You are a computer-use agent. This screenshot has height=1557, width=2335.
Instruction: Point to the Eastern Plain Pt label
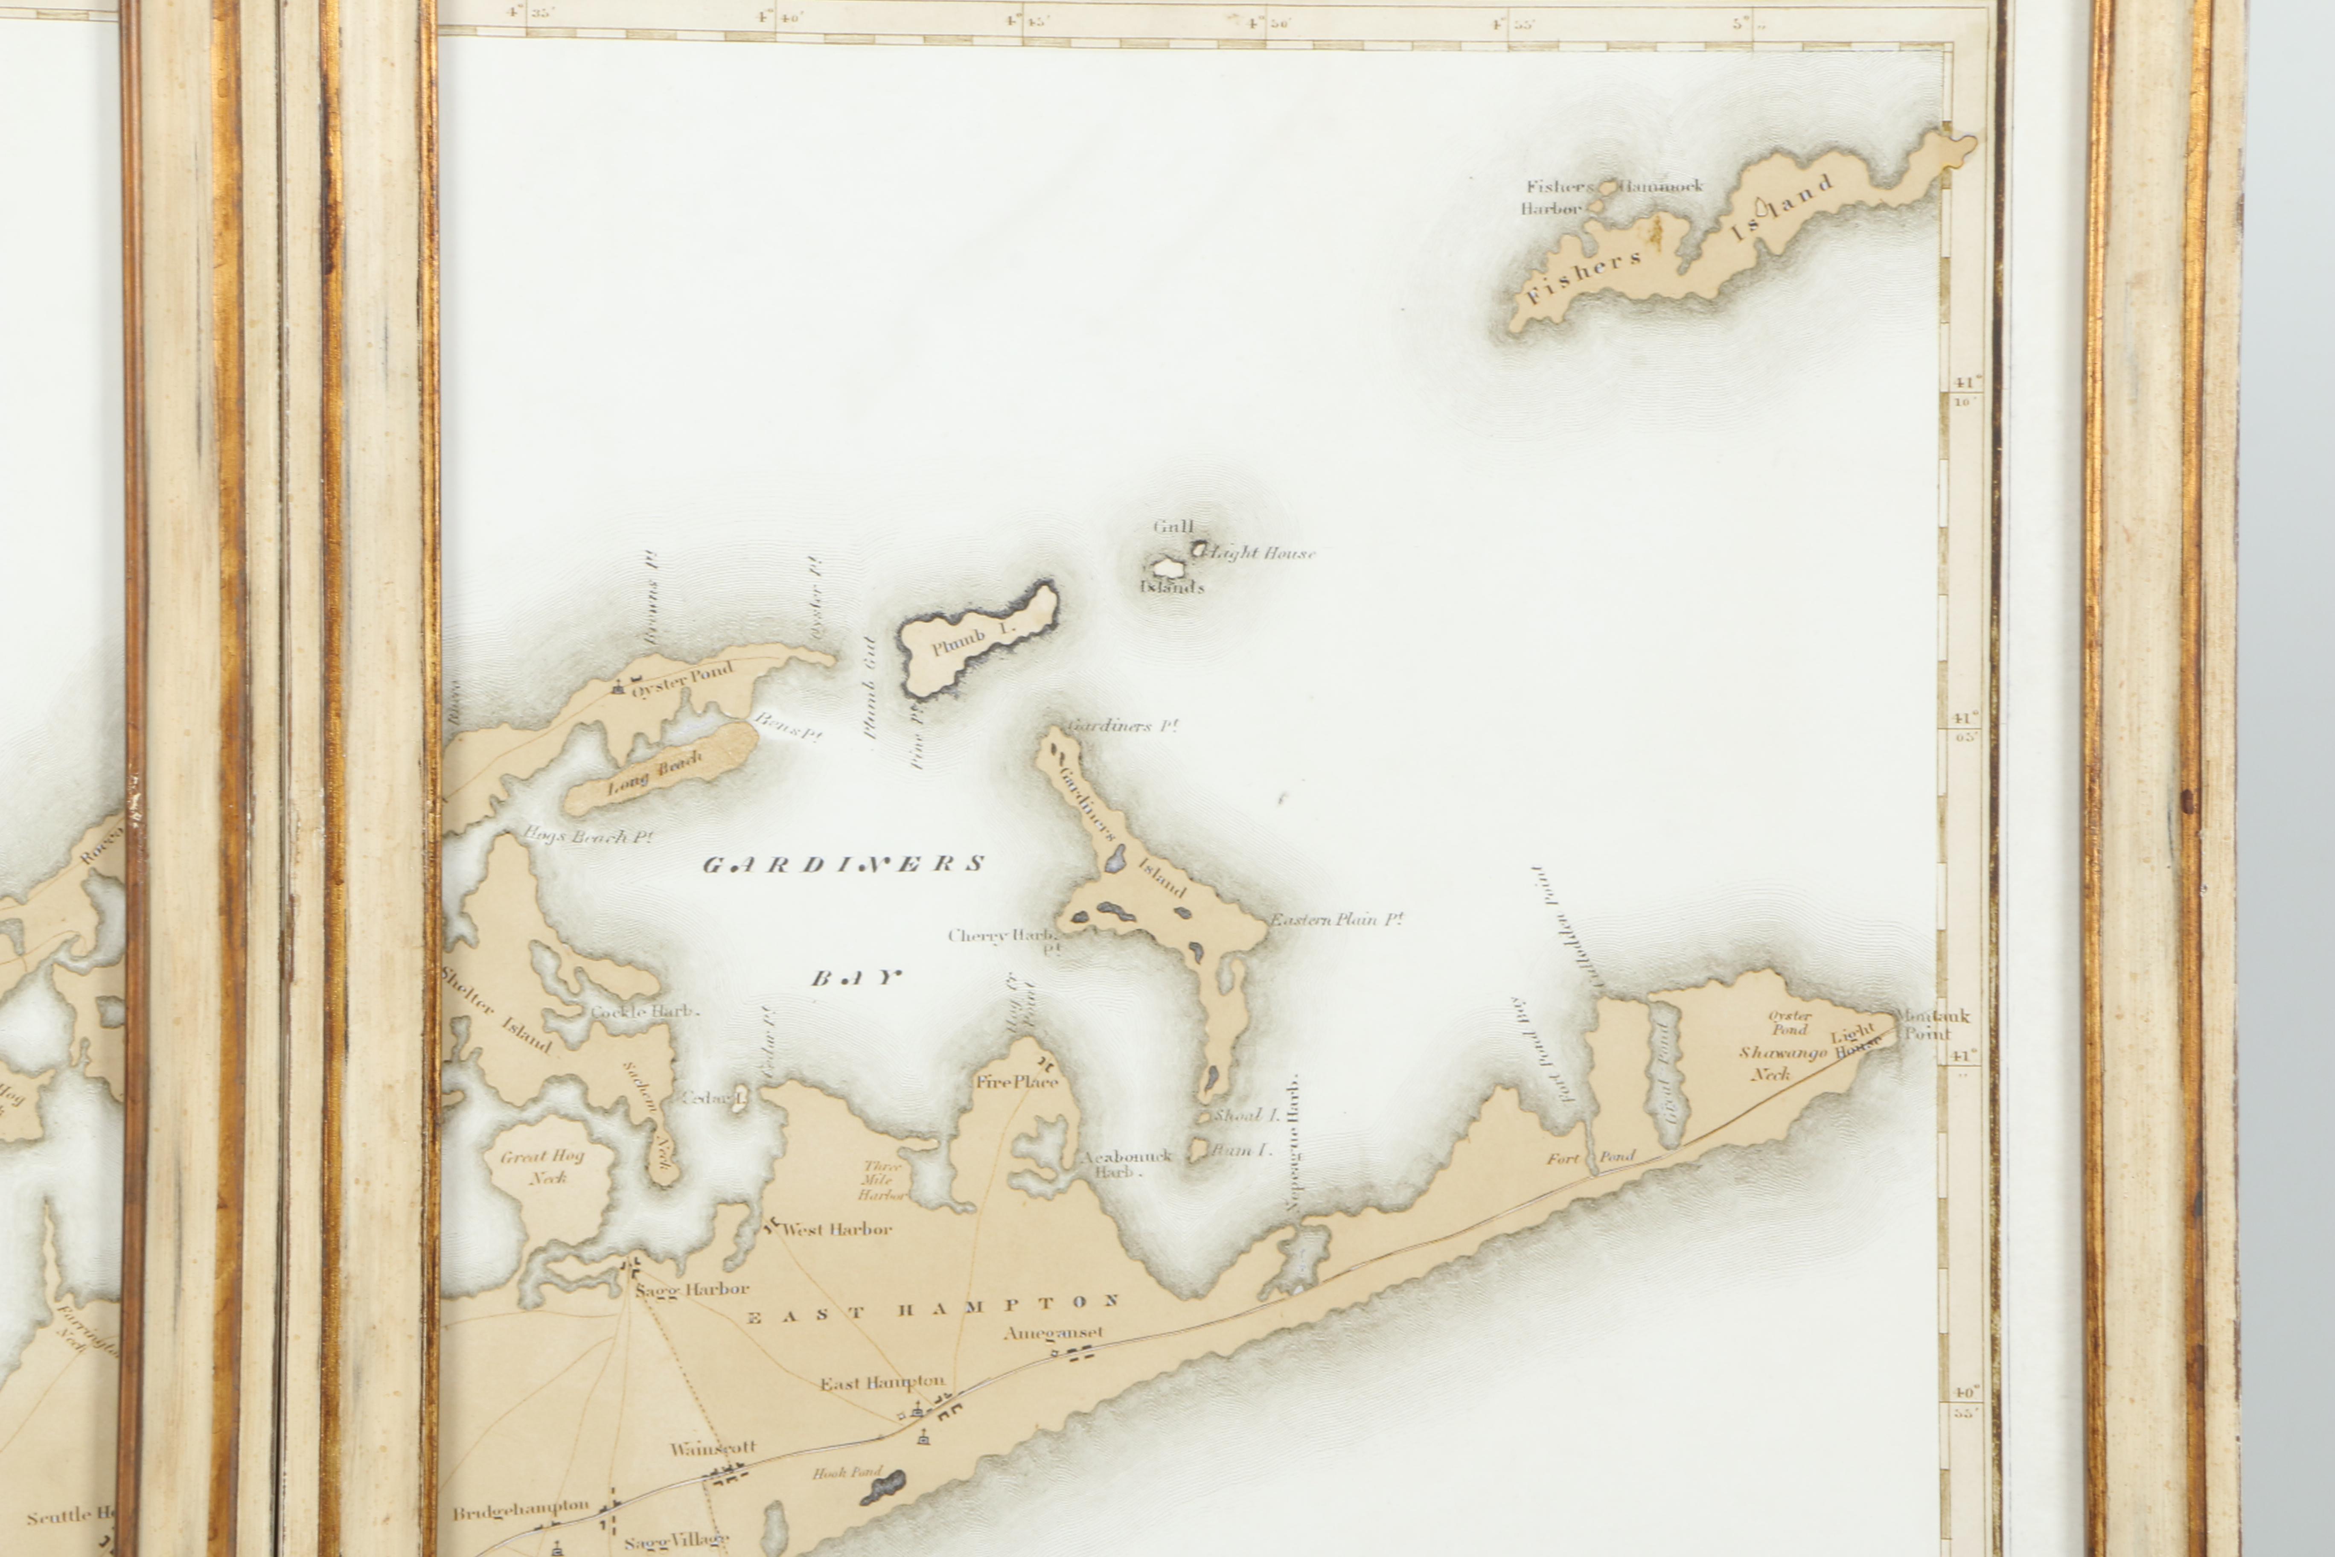(x=1336, y=919)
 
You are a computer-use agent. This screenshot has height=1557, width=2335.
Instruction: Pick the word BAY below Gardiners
(x=856, y=978)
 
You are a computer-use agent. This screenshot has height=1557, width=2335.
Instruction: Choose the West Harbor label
(x=837, y=1229)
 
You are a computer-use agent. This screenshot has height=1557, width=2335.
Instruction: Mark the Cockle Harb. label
(x=644, y=1012)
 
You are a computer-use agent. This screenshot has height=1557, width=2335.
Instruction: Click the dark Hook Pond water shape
(x=882, y=1487)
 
